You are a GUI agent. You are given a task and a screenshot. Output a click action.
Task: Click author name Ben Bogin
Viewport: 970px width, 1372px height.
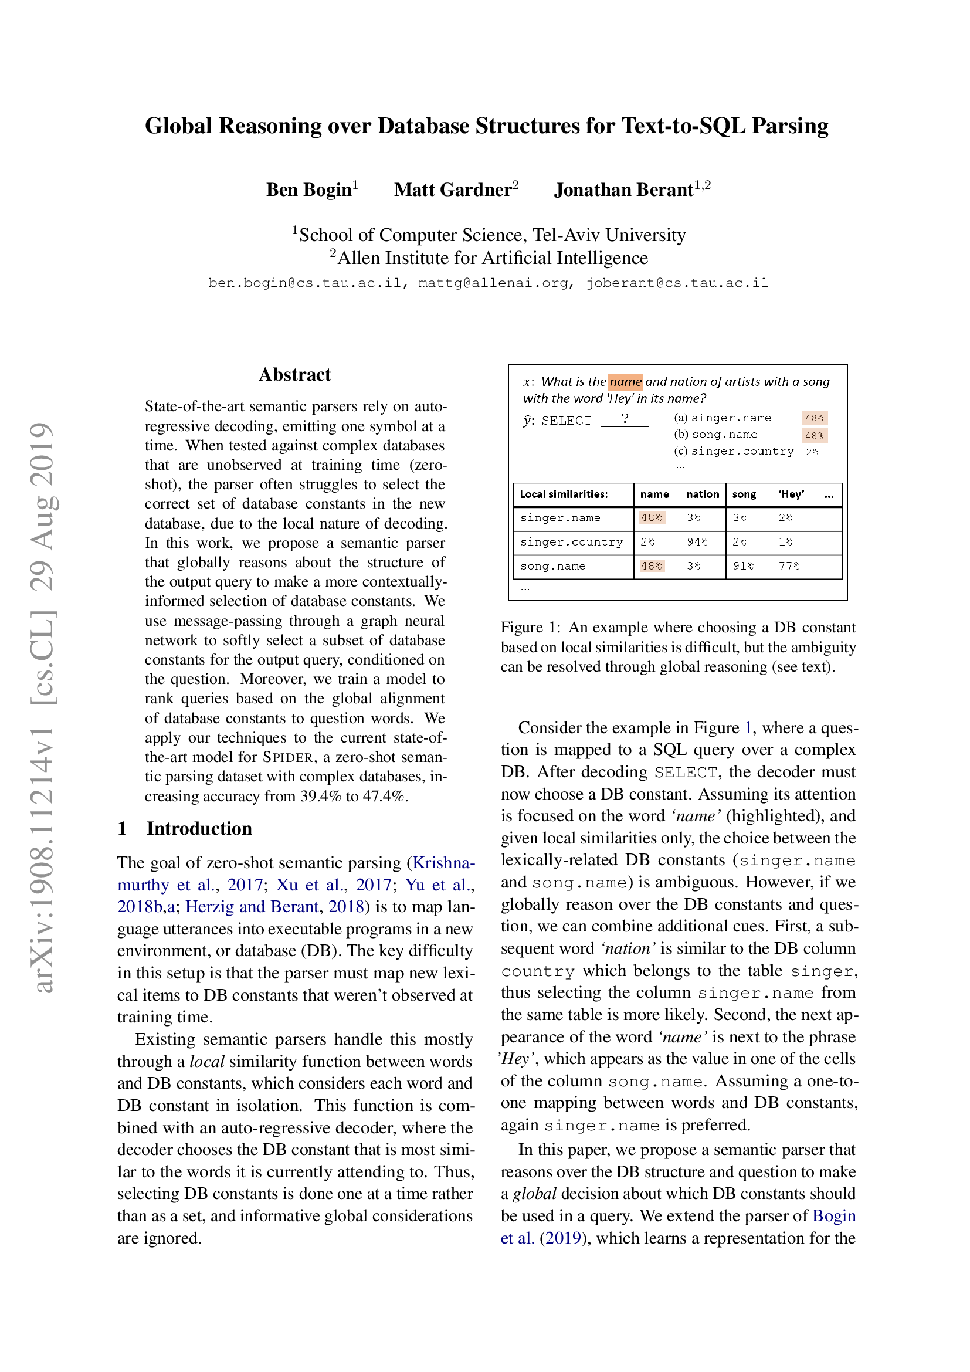coord(309,189)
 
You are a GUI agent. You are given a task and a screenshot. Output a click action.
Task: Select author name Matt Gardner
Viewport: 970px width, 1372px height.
coord(452,189)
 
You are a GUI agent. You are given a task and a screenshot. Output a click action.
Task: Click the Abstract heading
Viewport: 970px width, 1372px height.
coord(294,375)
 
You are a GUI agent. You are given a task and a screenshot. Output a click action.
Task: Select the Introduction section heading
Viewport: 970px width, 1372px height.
coord(199,828)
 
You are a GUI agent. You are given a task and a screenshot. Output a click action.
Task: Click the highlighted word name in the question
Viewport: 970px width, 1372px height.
coord(625,381)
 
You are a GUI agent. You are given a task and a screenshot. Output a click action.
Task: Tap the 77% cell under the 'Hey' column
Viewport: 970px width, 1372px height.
coord(788,566)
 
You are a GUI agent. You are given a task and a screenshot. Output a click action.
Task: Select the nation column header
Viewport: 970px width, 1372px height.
coord(703,494)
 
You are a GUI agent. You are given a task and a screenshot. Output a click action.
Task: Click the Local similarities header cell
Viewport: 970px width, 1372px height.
coord(563,494)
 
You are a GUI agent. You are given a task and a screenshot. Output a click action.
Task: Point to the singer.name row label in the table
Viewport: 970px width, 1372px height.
coord(559,518)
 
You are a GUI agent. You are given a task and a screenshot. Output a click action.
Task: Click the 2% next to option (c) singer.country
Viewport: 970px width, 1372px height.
coord(811,452)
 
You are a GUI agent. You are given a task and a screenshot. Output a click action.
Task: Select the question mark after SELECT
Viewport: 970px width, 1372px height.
coord(624,418)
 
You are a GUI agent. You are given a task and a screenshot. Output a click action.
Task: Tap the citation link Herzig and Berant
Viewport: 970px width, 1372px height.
coord(252,906)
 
